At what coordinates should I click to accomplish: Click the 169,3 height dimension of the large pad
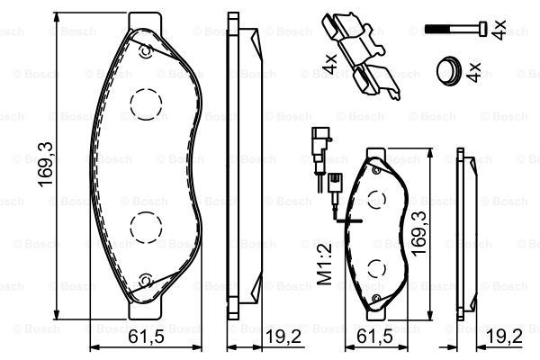(45, 165)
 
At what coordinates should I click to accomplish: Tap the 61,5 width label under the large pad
(146, 337)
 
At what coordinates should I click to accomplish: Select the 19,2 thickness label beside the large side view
(283, 337)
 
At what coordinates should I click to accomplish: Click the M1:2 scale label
(324, 263)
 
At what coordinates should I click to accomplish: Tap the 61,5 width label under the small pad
(374, 337)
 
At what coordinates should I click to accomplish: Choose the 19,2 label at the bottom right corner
(505, 337)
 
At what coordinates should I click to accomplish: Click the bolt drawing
(456, 28)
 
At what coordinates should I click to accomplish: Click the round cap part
(448, 71)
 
